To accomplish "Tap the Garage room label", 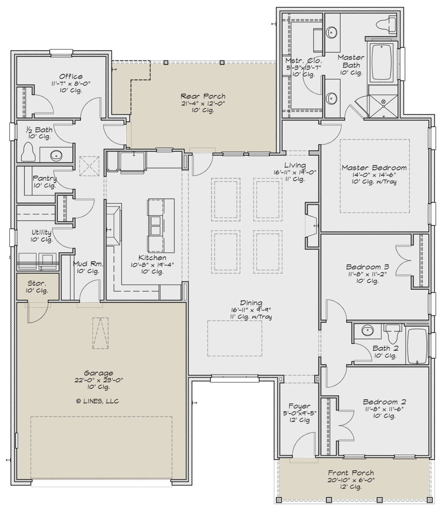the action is (x=99, y=373).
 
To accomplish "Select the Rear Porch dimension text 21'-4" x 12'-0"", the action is (x=203, y=103).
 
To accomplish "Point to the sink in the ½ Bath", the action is (x=56, y=155).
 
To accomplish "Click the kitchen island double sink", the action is (x=156, y=225).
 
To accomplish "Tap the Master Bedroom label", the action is (x=374, y=168).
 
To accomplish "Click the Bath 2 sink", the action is (x=368, y=331).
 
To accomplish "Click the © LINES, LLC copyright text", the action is (x=97, y=401).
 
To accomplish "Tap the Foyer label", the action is (x=299, y=406).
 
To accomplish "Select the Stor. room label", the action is (x=37, y=283).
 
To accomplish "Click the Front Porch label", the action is (x=351, y=473).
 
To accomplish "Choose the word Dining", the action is (x=251, y=303).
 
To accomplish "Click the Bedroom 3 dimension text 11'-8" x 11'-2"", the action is (x=367, y=274).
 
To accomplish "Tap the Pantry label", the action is (x=45, y=178).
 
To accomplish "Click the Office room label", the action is (x=71, y=76).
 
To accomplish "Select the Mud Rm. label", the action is (x=88, y=264).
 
